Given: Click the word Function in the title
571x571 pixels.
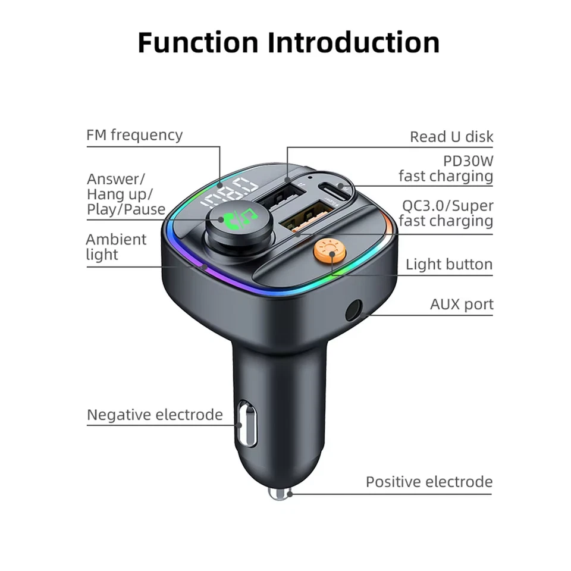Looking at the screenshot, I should coord(197,43).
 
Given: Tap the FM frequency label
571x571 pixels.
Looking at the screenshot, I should coord(134,135).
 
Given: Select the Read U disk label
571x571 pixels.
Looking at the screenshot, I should coord(451,137).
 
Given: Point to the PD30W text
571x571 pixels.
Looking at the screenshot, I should coord(468,161).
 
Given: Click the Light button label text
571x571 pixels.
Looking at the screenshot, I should coord(449,265).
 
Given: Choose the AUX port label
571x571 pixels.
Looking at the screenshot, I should coord(462,305).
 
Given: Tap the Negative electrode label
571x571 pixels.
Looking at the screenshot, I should coord(155,415).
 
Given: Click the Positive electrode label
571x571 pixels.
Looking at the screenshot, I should coord(429,482).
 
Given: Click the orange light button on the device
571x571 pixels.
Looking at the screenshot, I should coord(330,252).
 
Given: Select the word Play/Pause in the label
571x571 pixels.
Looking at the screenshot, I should coord(126,209).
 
